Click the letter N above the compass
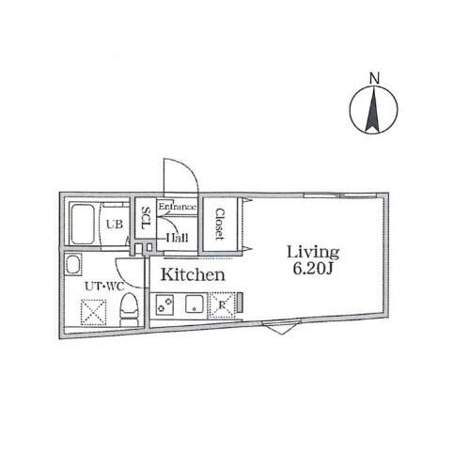pyautogui.click(x=374, y=78)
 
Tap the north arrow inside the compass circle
pyautogui.click(x=373, y=110)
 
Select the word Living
pyautogui.click(x=313, y=252)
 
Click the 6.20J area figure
pyautogui.click(x=312, y=268)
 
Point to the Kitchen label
pyautogui.click(x=193, y=274)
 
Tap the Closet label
pyautogui.click(x=220, y=225)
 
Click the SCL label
pyautogui.click(x=146, y=218)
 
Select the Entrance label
pyautogui.click(x=178, y=207)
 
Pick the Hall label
pyautogui.click(x=177, y=238)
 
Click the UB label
pyautogui.click(x=115, y=225)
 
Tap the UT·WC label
pyautogui.click(x=104, y=287)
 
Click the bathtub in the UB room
pyautogui.click(x=83, y=225)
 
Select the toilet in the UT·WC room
pyautogui.click(x=129, y=310)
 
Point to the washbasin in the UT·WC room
pyautogui.click(x=73, y=265)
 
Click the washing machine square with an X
pyautogui.click(x=93, y=312)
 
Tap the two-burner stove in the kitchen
pyautogui.click(x=165, y=304)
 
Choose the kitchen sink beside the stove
pyautogui.click(x=195, y=304)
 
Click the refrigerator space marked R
pyautogui.click(x=222, y=304)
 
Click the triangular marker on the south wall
pyautogui.click(x=282, y=329)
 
